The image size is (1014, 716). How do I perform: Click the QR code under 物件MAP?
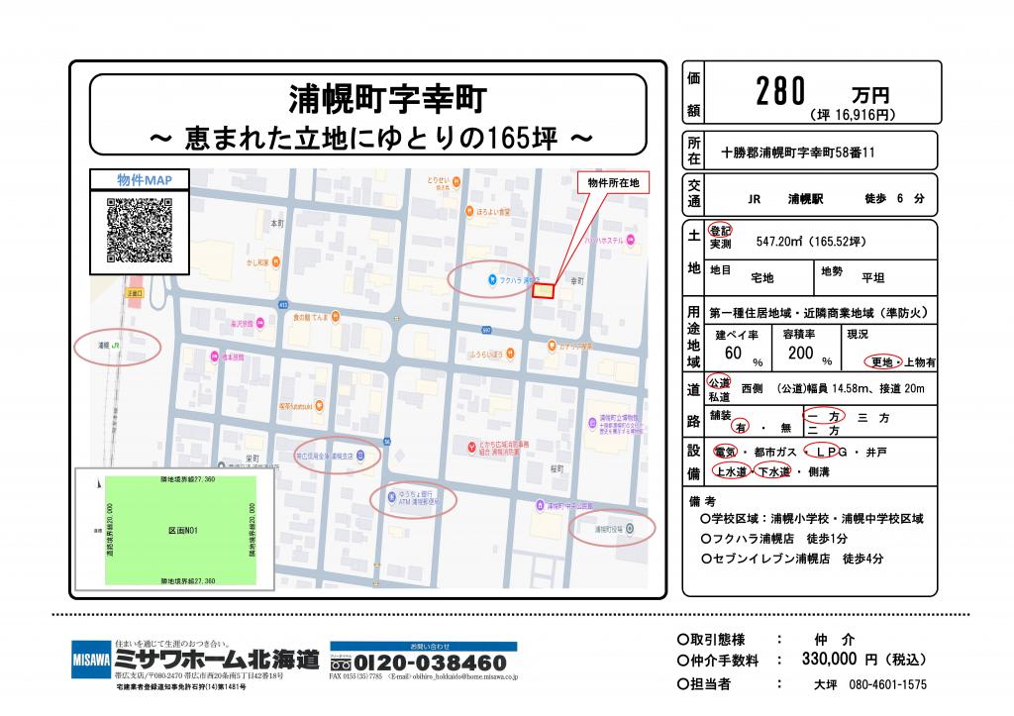138,231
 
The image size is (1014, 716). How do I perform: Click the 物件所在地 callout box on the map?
613,183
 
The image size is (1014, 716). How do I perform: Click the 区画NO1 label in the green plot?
183,531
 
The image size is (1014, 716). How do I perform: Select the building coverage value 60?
733,353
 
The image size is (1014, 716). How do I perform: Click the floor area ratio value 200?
800,353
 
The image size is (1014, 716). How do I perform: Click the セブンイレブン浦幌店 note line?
792,559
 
